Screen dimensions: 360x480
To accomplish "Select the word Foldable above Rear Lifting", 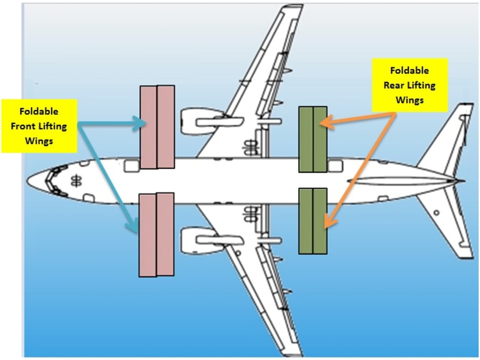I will (x=409, y=71).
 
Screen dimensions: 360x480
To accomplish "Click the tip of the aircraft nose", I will (x=27, y=181).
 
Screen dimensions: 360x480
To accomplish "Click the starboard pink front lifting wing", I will (x=157, y=127).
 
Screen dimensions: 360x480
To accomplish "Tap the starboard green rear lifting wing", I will (x=312, y=139).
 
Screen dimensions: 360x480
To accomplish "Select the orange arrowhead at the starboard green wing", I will (x=324, y=122).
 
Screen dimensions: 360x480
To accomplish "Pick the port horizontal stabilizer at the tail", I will (x=446, y=226).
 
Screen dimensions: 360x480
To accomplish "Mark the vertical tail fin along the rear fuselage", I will (x=403, y=181).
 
